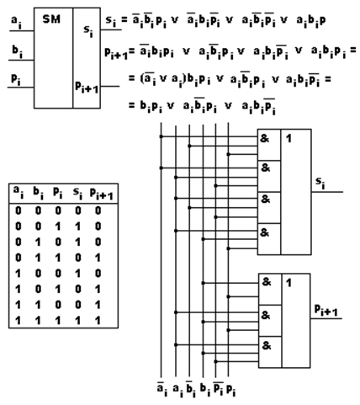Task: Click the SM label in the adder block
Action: (x=51, y=19)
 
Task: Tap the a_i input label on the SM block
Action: (x=16, y=22)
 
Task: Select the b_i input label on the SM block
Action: (x=17, y=51)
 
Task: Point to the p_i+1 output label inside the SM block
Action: (x=87, y=87)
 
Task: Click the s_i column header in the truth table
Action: (x=77, y=193)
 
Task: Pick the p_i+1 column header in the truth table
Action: (x=102, y=194)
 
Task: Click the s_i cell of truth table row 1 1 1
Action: (x=77, y=320)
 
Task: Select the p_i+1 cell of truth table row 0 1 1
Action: (x=98, y=258)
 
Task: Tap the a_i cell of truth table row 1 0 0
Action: (x=18, y=274)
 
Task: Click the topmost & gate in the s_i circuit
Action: (x=268, y=145)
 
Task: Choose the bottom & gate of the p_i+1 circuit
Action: (x=270, y=352)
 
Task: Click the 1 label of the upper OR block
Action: (x=289, y=139)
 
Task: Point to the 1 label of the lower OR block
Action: (x=289, y=283)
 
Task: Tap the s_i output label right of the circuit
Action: (x=320, y=184)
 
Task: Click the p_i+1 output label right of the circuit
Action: (x=326, y=310)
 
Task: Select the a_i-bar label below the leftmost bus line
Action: (x=162, y=389)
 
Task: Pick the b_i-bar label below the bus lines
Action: (x=190, y=389)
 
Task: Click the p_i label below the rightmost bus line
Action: (x=231, y=390)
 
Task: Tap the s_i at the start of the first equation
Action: (x=111, y=21)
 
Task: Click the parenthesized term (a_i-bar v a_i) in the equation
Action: (x=163, y=79)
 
